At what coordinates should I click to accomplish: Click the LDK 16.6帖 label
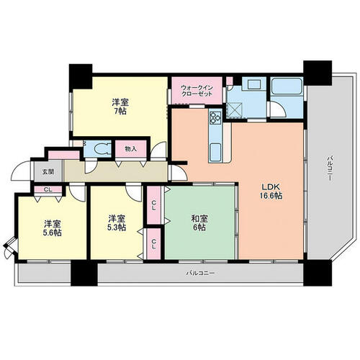(271, 192)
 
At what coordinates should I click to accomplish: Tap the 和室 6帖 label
(199, 222)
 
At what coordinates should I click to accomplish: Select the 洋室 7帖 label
(120, 107)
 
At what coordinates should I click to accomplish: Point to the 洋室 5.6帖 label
(52, 228)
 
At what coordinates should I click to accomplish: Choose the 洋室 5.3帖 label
(117, 223)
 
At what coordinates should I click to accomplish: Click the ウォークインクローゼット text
(197, 90)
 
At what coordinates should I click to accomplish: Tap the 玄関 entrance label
(48, 172)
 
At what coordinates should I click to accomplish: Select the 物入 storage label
(130, 149)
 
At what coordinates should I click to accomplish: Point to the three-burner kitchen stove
(215, 117)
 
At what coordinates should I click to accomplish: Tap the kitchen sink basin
(216, 152)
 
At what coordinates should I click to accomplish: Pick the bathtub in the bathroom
(287, 86)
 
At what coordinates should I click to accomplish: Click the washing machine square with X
(235, 109)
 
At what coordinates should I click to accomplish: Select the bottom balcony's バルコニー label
(200, 273)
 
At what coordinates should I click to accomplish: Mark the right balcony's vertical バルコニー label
(330, 168)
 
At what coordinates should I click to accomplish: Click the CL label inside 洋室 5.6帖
(48, 189)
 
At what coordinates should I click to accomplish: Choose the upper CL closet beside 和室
(154, 206)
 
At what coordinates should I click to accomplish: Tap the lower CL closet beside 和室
(154, 244)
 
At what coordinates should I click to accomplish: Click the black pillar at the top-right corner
(318, 73)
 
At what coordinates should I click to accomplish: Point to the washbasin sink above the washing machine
(254, 84)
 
